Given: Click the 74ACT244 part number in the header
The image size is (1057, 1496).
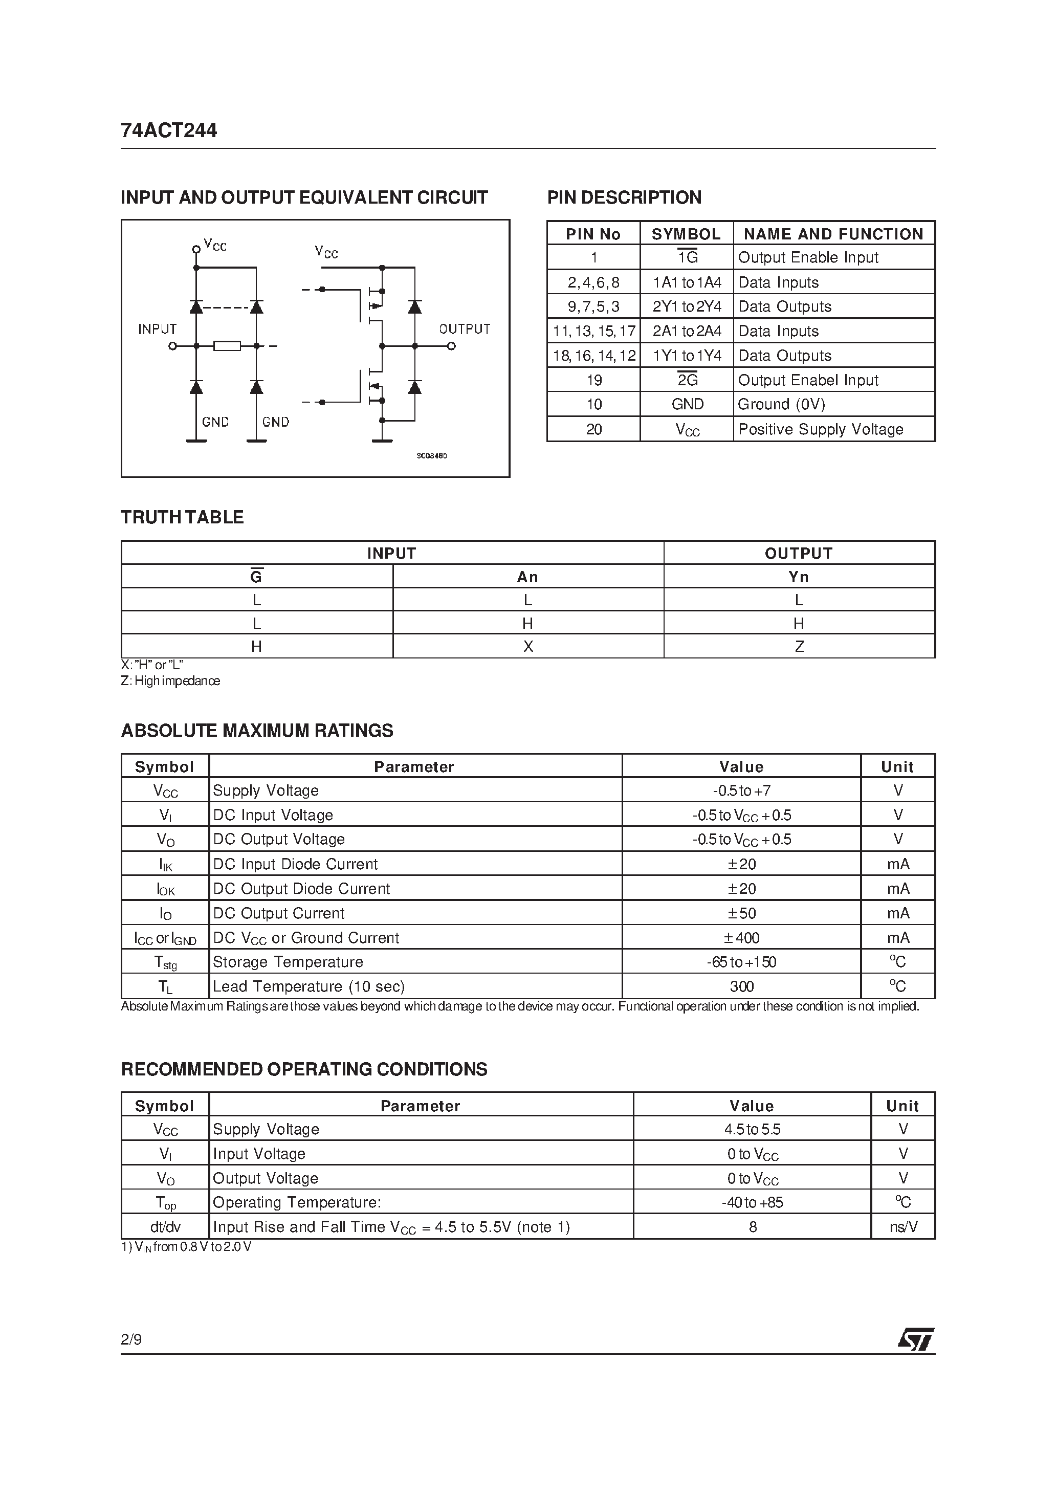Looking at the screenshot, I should click(x=169, y=131).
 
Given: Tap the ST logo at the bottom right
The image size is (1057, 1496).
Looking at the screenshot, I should click(x=916, y=1339).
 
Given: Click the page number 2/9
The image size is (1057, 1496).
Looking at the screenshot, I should click(x=131, y=1339).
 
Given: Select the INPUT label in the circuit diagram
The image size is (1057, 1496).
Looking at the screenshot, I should click(x=157, y=329).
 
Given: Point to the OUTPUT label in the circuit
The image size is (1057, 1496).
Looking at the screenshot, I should click(x=465, y=329).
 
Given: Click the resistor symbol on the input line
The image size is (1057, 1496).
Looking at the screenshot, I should click(x=227, y=346).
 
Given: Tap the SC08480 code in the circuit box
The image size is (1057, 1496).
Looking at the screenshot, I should click(x=432, y=456).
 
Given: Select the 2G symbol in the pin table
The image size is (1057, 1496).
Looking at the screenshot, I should click(x=687, y=380).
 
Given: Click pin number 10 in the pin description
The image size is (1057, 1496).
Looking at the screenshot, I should click(x=593, y=405).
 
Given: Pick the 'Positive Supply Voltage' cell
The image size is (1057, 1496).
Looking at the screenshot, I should click(x=821, y=429).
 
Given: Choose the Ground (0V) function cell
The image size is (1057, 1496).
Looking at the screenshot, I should click(x=781, y=405).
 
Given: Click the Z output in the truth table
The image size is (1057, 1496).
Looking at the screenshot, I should click(x=799, y=646).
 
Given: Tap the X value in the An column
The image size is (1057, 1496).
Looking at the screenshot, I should click(x=528, y=646).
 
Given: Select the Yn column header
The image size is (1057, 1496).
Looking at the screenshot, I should click(x=799, y=577).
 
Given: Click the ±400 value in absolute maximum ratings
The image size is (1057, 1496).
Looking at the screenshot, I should click(x=742, y=938).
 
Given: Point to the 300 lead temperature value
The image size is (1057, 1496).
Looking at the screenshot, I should click(x=742, y=986).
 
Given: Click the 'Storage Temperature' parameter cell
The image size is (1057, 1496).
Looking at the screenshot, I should click(x=288, y=962).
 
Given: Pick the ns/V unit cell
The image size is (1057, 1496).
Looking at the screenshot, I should click(x=903, y=1227).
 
